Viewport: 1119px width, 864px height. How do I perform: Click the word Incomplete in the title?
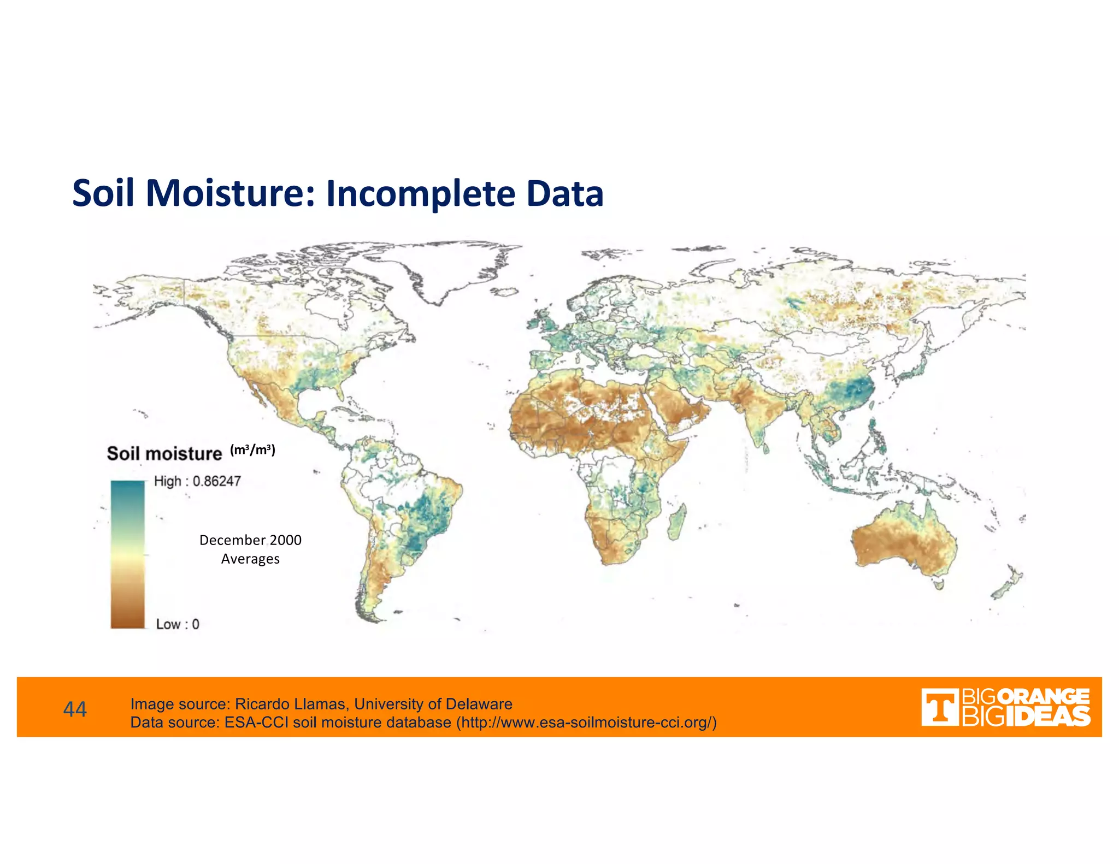(x=420, y=193)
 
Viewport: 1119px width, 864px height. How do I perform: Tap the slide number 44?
(x=75, y=709)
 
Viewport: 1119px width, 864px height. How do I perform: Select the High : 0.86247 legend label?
(x=197, y=481)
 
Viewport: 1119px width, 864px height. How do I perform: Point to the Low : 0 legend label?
(x=178, y=624)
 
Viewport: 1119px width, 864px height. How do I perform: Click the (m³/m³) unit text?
(x=252, y=449)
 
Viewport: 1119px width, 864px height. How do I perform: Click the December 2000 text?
(x=250, y=540)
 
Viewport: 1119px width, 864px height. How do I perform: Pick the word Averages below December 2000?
(x=250, y=559)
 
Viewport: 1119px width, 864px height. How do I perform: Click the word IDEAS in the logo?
(x=1047, y=717)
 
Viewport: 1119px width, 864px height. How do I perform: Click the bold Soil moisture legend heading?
(x=164, y=453)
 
